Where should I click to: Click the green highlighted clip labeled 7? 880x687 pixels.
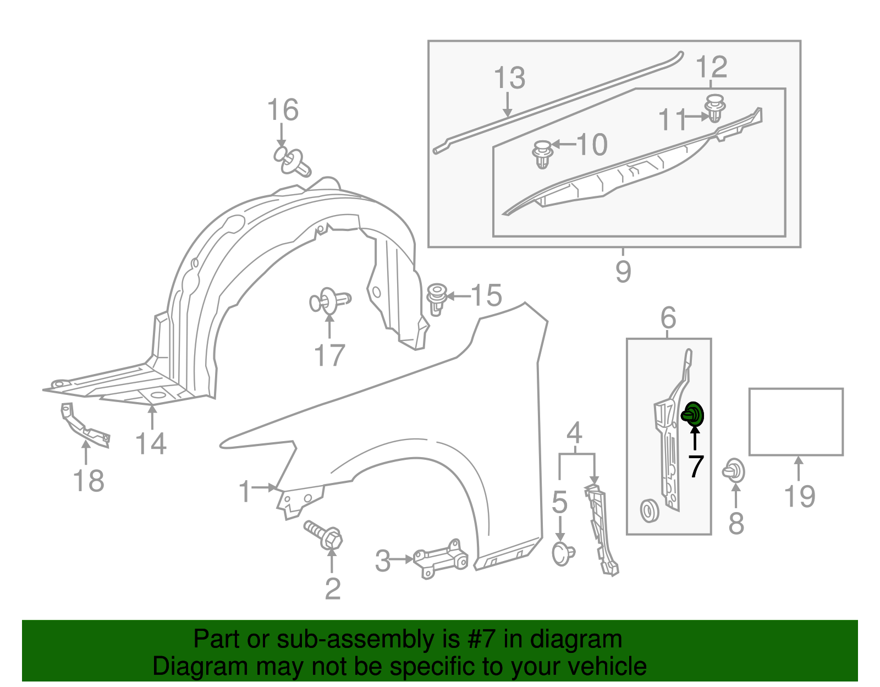pyautogui.click(x=694, y=415)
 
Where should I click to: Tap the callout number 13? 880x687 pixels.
pyautogui.click(x=509, y=78)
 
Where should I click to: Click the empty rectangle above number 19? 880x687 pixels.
pyautogui.click(x=796, y=422)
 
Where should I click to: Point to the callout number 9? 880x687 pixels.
pyautogui.click(x=623, y=271)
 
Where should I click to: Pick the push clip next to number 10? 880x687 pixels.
pyautogui.click(x=542, y=154)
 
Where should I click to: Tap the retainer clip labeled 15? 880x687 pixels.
pyautogui.click(x=437, y=298)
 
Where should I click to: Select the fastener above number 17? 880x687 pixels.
pyautogui.click(x=329, y=301)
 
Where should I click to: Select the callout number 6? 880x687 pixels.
pyautogui.click(x=668, y=317)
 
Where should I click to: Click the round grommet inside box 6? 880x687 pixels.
pyautogui.click(x=650, y=510)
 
